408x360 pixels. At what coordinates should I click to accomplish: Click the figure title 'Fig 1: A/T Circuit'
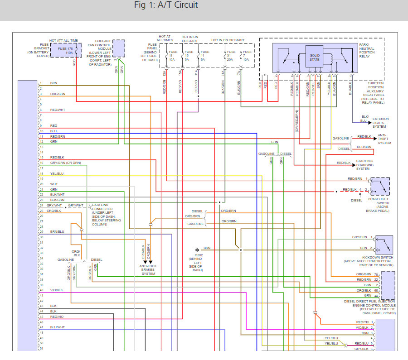(x=166, y=6)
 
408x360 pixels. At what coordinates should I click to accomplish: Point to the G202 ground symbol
(x=197, y=250)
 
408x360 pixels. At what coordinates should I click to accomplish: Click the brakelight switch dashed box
(x=379, y=186)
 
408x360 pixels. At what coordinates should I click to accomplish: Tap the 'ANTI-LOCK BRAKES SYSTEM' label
(x=148, y=270)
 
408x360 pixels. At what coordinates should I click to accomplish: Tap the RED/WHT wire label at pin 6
(x=58, y=110)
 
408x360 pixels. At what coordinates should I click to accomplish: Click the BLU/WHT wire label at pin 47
(x=58, y=327)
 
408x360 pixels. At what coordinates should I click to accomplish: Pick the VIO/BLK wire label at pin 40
(x=57, y=290)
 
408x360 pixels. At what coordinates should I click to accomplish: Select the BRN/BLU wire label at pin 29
(x=57, y=231)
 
